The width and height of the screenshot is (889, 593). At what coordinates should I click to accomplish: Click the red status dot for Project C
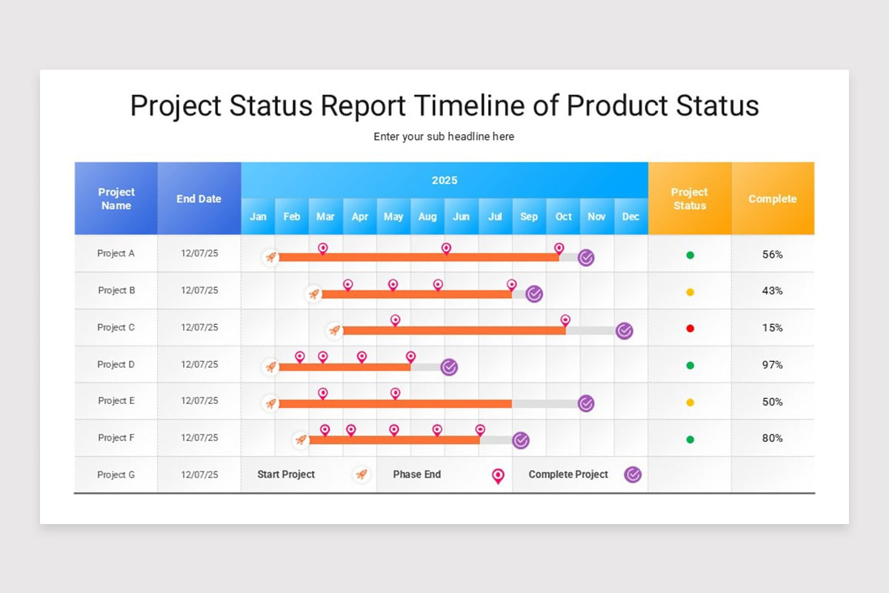coord(690,328)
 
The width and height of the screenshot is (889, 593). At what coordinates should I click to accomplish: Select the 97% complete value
coord(772,365)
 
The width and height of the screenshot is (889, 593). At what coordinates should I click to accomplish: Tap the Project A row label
coord(116,254)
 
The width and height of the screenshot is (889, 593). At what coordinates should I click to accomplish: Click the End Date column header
coord(199,199)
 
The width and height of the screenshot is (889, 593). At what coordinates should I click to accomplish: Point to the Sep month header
coord(529,216)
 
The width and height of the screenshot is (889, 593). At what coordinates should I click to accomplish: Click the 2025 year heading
coord(444,180)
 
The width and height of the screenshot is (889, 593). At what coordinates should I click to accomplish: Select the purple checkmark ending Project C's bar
coord(625,331)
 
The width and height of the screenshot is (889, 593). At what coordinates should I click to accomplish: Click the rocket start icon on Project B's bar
coord(313,294)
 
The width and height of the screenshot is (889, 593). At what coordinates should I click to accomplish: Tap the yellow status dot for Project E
coord(690,402)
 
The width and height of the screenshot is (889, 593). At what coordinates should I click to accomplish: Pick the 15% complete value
coord(772,328)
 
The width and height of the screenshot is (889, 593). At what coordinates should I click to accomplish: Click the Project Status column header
coord(690,199)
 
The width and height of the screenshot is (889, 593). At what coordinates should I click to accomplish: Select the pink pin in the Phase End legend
coord(498,476)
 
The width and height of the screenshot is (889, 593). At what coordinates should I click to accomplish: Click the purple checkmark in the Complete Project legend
coord(633,474)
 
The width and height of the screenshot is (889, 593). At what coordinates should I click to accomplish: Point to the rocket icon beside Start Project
coord(361,474)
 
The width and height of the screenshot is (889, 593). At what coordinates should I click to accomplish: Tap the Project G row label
coord(116,474)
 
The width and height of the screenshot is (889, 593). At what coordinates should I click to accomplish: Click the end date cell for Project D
coord(199,365)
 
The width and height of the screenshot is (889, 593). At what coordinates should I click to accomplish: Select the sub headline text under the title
coord(444,136)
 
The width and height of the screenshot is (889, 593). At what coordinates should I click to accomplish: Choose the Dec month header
coord(630,216)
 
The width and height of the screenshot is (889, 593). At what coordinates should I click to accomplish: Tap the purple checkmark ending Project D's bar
coord(449,367)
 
